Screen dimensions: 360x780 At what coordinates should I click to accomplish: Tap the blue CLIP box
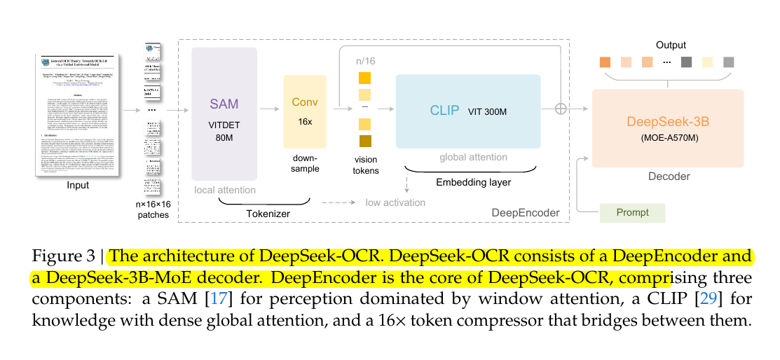pyautogui.click(x=467, y=111)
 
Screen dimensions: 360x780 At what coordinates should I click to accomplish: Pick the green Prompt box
pyautogui.click(x=633, y=213)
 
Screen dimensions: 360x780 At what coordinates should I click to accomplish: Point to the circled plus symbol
pyautogui.click(x=560, y=109)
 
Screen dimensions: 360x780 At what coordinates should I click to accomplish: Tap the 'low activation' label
pyautogui.click(x=395, y=202)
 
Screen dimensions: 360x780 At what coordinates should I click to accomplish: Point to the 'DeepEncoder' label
pyautogui.click(x=526, y=212)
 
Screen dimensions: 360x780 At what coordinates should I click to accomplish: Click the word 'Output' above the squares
pyautogui.click(x=671, y=45)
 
